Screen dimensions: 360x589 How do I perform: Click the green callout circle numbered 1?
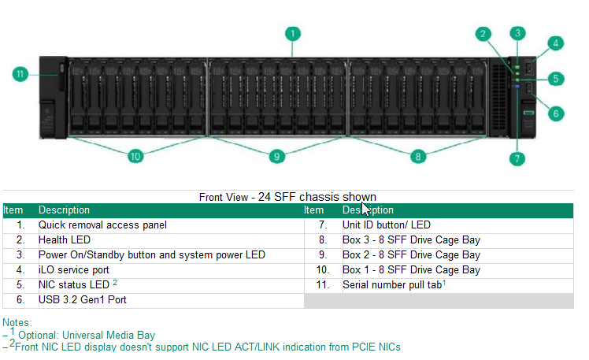pyautogui.click(x=292, y=34)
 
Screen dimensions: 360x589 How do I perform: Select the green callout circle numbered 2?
pyautogui.click(x=483, y=34)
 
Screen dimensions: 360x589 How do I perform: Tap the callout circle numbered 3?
pyautogui.click(x=517, y=33)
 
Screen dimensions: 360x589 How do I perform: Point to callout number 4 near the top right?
pyautogui.click(x=556, y=43)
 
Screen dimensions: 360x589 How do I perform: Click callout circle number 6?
pyautogui.click(x=556, y=113)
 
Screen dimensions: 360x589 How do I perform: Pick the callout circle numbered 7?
pyautogui.click(x=517, y=158)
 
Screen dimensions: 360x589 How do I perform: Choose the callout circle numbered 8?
pyautogui.click(x=419, y=156)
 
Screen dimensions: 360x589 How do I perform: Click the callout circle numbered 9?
pyautogui.click(x=276, y=156)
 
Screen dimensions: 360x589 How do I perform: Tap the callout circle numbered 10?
pyautogui.click(x=135, y=156)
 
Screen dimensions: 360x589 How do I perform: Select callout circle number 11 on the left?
pyautogui.click(x=21, y=75)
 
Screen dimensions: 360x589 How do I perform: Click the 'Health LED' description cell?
pyautogui.click(x=65, y=240)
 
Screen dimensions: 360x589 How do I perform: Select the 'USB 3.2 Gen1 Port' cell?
pyautogui.click(x=83, y=300)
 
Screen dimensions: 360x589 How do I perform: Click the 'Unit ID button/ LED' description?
pyautogui.click(x=386, y=225)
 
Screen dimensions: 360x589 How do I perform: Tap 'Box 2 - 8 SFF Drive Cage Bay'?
pyautogui.click(x=410, y=255)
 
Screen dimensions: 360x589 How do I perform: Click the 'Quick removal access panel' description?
pyautogui.click(x=102, y=225)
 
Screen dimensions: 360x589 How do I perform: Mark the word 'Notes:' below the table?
pyautogui.click(x=17, y=322)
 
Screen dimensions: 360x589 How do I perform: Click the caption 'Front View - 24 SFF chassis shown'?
pyautogui.click(x=287, y=197)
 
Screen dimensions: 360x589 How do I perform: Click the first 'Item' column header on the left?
pyautogui.click(x=13, y=210)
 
